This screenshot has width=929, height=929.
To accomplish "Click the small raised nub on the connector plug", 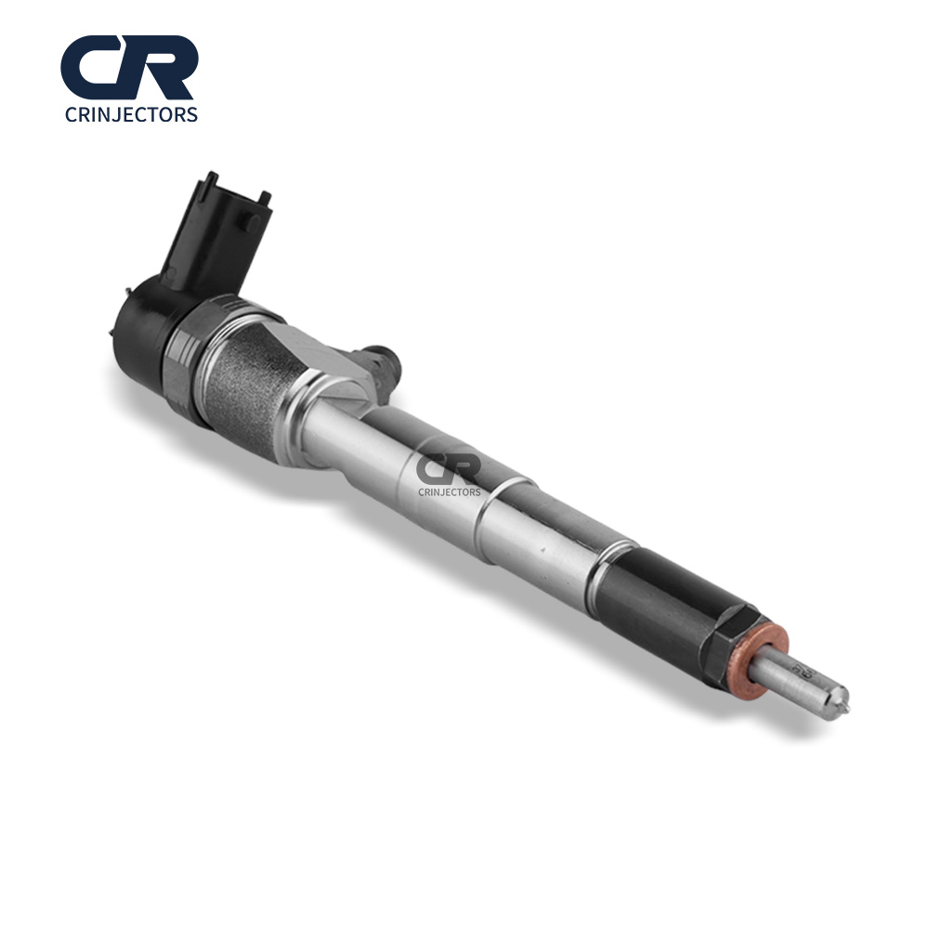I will coord(249,221).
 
